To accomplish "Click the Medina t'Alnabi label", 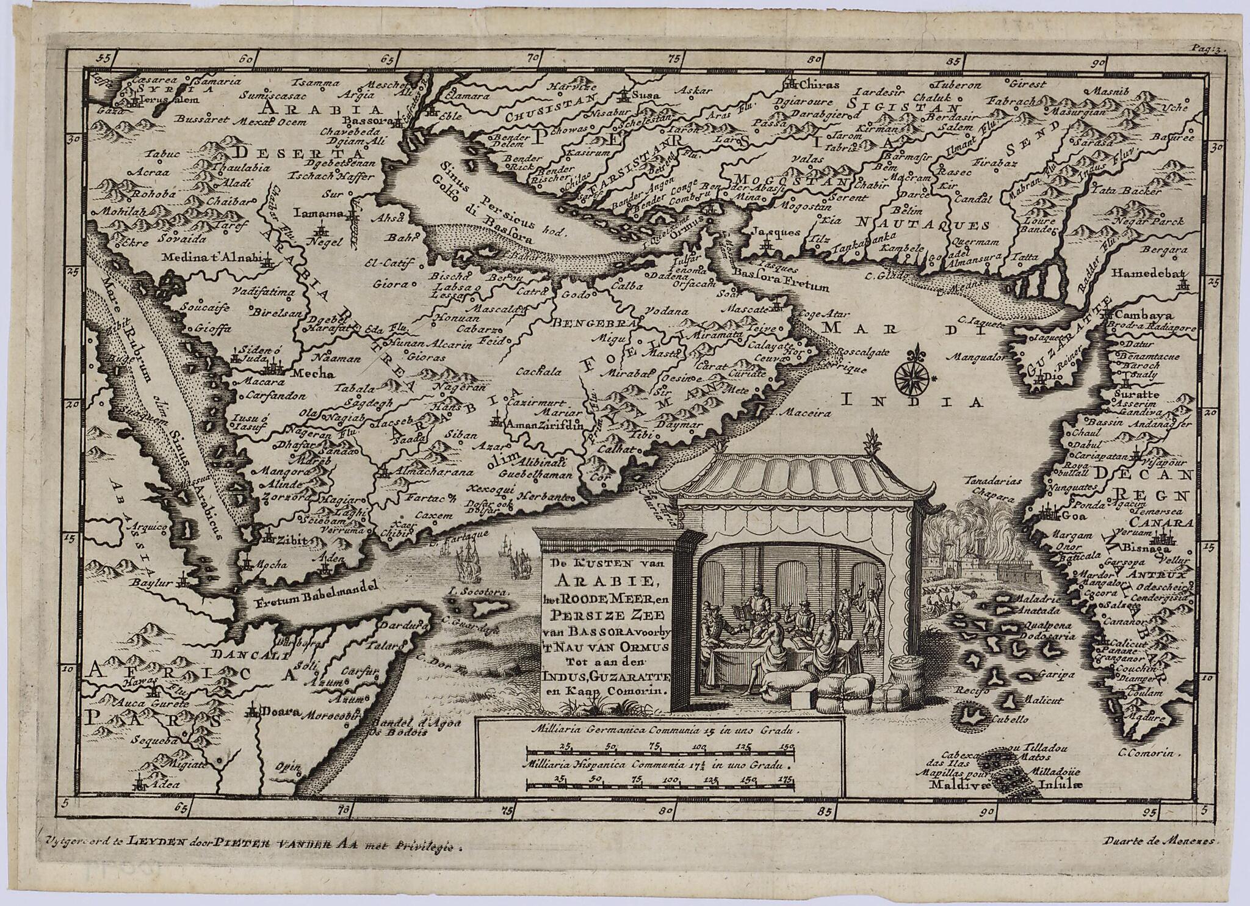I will [211, 258].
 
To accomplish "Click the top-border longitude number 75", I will [675, 59].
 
